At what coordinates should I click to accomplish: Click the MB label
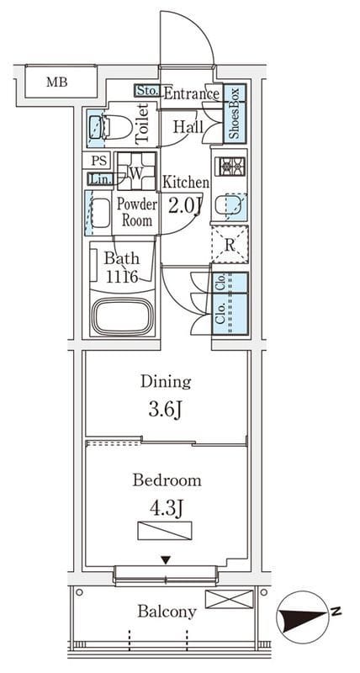coord(57,82)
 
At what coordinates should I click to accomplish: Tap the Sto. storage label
coord(148,91)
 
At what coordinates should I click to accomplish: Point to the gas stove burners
coord(232,166)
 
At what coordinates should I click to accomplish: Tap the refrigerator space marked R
coord(230,245)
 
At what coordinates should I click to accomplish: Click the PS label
coord(98,161)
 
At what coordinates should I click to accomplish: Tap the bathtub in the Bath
coord(123,316)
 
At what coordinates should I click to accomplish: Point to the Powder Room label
coord(137,213)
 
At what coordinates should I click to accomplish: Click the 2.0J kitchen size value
coord(185,206)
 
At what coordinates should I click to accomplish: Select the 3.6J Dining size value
coord(166,411)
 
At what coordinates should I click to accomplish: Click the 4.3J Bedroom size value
coord(166,509)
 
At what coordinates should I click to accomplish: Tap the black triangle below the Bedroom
coord(166,559)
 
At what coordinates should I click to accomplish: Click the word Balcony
coord(167,612)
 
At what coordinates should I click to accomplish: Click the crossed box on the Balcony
coord(229,599)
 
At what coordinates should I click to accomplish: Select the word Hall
coord(188,127)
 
